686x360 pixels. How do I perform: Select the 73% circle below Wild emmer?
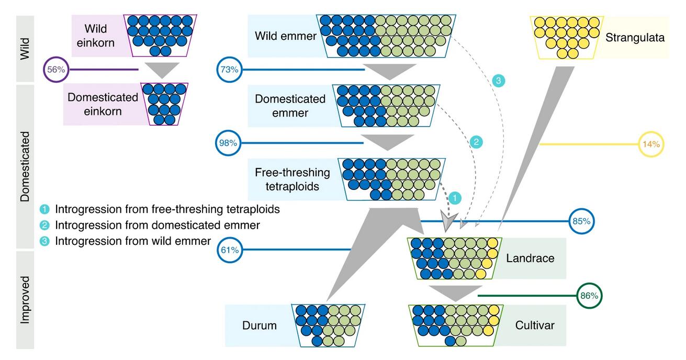pyautogui.click(x=228, y=70)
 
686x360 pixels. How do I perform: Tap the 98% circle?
pyautogui.click(x=228, y=142)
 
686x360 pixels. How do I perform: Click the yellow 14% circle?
pyautogui.click(x=651, y=143)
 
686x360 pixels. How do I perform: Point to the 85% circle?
pyautogui.click(x=581, y=221)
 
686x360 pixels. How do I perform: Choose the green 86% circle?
pyautogui.click(x=589, y=296)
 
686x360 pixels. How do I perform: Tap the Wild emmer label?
pyautogui.click(x=286, y=37)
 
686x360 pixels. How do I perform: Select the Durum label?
pyautogui.click(x=259, y=325)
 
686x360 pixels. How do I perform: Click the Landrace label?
pyautogui.click(x=530, y=257)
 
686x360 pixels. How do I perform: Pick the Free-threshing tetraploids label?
pyautogui.click(x=293, y=179)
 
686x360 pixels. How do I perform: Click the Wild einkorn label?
pyautogui.click(x=95, y=35)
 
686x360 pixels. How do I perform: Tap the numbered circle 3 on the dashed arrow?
pyautogui.click(x=498, y=81)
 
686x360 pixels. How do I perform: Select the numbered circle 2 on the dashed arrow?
pyautogui.click(x=476, y=142)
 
